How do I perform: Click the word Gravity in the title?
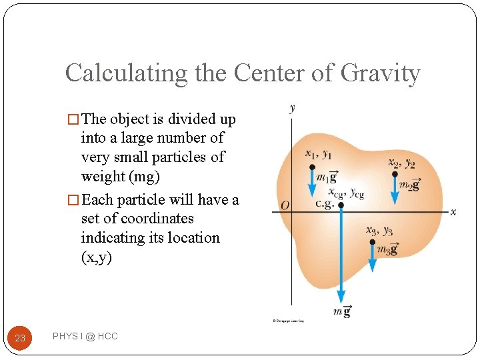tap(380, 73)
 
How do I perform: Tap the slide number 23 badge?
tap(20, 338)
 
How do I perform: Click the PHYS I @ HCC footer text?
tap(85, 337)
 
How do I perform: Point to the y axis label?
tap(293, 108)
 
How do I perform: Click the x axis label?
tap(453, 211)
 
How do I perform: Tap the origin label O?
tap(285, 206)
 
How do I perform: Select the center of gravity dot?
tap(341, 205)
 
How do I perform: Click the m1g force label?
tap(326, 177)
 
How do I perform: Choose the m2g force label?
tap(409, 185)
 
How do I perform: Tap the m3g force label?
tap(387, 250)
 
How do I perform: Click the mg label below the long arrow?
tap(343, 311)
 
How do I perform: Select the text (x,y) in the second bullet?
tap(97, 257)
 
